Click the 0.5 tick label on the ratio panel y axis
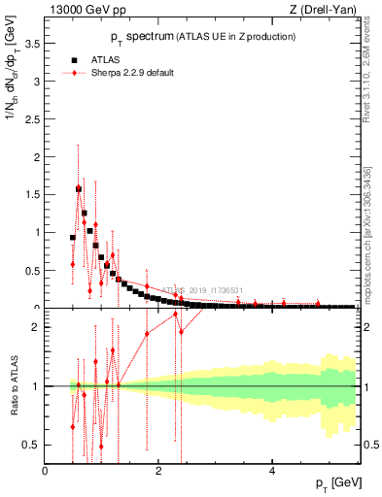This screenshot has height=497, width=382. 31,445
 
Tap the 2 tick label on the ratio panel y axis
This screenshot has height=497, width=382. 36,327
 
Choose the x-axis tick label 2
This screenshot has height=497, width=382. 159,470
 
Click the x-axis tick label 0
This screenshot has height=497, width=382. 46,470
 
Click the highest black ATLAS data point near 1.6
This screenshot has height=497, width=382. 79,189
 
